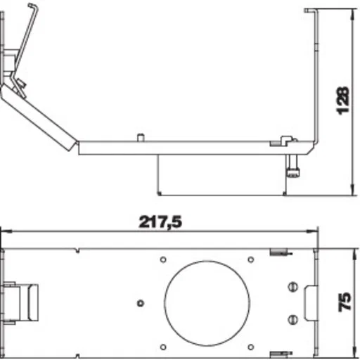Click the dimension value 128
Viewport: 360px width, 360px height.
coord(342,101)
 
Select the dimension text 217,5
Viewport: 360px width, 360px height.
coord(160,222)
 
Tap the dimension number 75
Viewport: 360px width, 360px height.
coord(345,302)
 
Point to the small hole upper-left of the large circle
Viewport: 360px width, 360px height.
coord(163,259)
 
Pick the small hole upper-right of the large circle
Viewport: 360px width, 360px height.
coord(251,259)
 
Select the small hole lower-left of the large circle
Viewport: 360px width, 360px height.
coord(163,347)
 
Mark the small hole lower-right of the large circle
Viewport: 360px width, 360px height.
coord(251,347)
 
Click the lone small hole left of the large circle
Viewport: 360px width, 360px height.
coord(141,303)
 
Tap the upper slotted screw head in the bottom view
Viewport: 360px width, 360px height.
coord(292,287)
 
